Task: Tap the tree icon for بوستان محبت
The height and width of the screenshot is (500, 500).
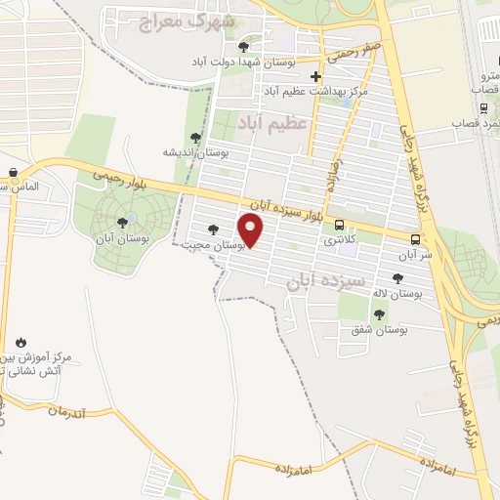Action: [x=213, y=230]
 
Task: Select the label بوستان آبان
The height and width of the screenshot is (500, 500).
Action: [x=123, y=237]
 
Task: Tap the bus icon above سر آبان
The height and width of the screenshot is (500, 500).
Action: [x=417, y=239]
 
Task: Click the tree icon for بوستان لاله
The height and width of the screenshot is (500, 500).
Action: [x=397, y=278]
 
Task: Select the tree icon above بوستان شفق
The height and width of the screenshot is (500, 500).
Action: [x=379, y=314]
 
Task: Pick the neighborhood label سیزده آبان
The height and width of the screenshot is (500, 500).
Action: [x=326, y=282]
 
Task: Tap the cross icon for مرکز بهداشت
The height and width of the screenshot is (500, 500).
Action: [x=314, y=76]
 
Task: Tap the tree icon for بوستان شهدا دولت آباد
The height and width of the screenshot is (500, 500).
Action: [x=243, y=47]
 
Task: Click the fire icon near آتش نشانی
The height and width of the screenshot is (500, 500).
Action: [x=21, y=342]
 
